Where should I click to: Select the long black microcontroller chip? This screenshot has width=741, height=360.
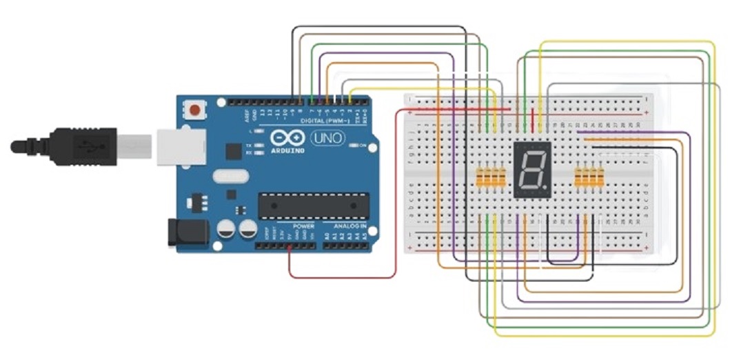pyautogui.click(x=314, y=204)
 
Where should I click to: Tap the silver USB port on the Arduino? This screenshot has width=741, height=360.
pyautogui.click(x=180, y=146)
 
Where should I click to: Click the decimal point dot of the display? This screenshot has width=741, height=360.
pyautogui.click(x=545, y=186)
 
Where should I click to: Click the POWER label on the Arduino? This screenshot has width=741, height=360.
pyautogui.click(x=303, y=226)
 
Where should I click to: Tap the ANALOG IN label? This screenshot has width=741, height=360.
pyautogui.click(x=351, y=226)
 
